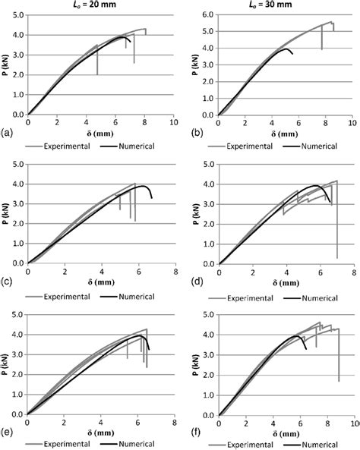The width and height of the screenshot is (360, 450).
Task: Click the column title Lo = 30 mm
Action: click(283, 5)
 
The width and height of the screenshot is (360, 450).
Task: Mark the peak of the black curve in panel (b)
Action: click(285, 49)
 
